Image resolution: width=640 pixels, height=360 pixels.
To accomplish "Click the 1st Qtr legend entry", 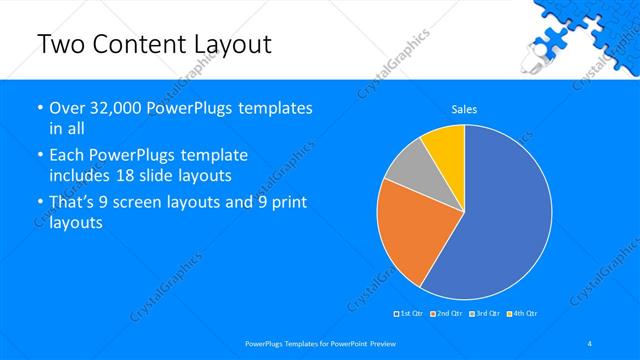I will [409, 314].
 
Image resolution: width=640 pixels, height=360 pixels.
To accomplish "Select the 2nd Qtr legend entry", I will [445, 314].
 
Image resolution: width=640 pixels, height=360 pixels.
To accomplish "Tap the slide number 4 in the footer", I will [590, 344].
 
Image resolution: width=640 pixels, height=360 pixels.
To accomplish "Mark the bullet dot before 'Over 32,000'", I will [39, 108].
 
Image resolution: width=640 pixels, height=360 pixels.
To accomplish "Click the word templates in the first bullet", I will [276, 107].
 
